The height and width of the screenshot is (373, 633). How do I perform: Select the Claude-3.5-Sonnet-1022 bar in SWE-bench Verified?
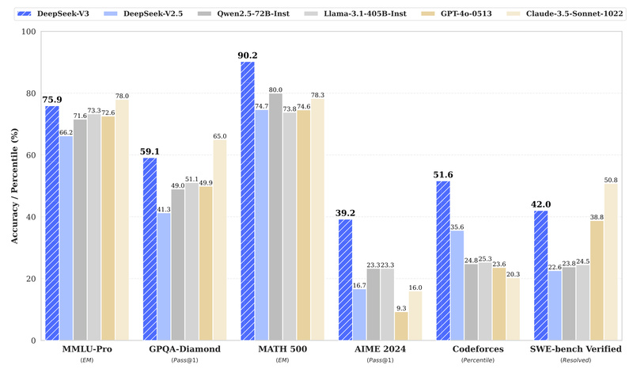[x=610, y=262]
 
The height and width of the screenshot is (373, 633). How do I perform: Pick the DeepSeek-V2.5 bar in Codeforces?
[x=458, y=285]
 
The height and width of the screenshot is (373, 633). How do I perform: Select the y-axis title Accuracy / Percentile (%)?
[x=12, y=187]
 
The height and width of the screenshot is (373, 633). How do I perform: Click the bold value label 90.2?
[x=247, y=55]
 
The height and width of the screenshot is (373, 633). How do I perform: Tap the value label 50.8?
[x=610, y=180]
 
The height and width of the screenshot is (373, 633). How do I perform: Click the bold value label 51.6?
[x=443, y=174]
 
